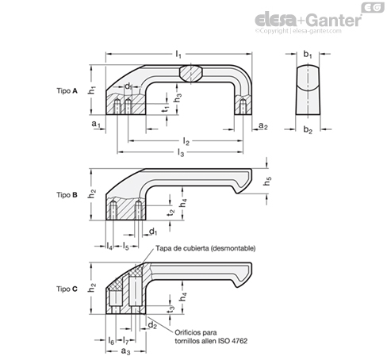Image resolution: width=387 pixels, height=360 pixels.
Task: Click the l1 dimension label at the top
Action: [178, 55]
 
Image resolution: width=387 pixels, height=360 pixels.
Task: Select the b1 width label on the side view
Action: [308, 55]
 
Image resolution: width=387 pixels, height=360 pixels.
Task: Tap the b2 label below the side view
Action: [308, 130]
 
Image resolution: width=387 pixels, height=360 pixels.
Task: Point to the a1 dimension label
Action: [96, 124]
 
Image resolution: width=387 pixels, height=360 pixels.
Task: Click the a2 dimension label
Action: [263, 126]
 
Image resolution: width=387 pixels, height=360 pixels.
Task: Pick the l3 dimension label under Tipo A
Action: [181, 152]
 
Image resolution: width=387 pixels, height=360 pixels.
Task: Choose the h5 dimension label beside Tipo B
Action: [267, 181]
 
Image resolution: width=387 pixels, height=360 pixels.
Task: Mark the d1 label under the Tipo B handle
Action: [153, 232]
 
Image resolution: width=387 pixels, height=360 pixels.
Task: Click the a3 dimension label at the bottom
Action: [126, 351]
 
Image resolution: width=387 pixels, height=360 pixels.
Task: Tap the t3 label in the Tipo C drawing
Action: [171, 309]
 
